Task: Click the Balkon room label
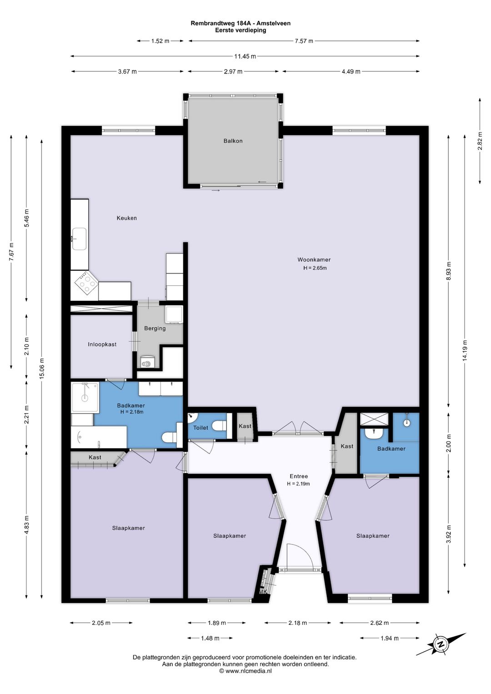click(233, 141)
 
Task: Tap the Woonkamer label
click(314, 260)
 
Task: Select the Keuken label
click(126, 218)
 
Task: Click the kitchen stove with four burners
click(86, 283)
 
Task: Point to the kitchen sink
click(80, 239)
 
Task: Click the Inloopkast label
click(102, 344)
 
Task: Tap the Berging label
click(155, 329)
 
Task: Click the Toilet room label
click(200, 428)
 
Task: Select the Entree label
click(299, 476)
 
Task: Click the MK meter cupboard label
click(263, 592)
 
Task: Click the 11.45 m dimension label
click(245, 56)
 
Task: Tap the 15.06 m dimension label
click(42, 369)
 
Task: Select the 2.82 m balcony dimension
click(480, 141)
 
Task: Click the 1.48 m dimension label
click(210, 638)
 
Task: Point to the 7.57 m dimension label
click(304, 41)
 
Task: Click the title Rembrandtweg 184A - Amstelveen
click(240, 23)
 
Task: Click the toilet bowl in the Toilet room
click(220, 425)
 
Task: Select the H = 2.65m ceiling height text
click(315, 268)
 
